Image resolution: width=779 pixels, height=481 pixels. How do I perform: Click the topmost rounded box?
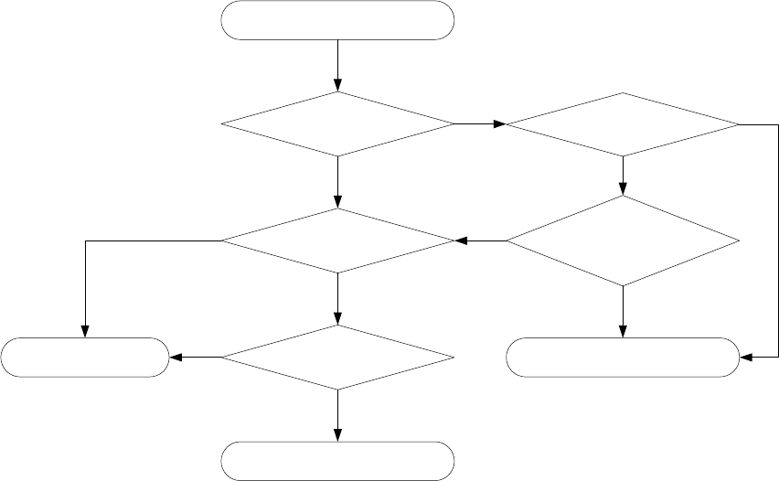[338, 20]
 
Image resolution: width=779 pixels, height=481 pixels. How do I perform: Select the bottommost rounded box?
[338, 461]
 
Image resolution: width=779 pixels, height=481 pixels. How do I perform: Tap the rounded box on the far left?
[85, 358]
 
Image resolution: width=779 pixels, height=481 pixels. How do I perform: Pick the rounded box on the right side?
[623, 358]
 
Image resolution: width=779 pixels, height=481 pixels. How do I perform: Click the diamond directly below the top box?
[338, 123]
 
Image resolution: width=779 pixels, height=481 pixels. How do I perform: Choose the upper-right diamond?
[623, 123]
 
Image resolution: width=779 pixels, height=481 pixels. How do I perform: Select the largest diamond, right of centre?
[623, 241]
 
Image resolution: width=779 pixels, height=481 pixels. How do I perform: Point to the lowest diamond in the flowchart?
[338, 358]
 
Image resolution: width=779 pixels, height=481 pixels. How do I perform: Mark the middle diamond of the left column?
[338, 241]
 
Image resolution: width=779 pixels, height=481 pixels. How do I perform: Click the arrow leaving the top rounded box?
[338, 65]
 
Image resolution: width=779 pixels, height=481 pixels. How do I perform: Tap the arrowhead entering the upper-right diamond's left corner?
[499, 123]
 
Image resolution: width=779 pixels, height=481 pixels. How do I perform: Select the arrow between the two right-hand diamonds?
[623, 176]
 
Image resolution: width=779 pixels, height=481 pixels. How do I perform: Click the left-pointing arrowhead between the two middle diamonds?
[462, 241]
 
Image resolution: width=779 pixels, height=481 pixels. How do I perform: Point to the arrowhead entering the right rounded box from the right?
[746, 358]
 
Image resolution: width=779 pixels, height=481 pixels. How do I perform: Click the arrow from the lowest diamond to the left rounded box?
[196, 358]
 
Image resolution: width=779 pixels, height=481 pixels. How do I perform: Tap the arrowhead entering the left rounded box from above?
[85, 331]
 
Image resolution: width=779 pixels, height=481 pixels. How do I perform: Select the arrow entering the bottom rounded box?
[338, 416]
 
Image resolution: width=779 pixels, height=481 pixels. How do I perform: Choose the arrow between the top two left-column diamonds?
[338, 182]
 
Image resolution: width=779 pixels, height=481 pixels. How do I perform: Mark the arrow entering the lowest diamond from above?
[338, 299]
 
